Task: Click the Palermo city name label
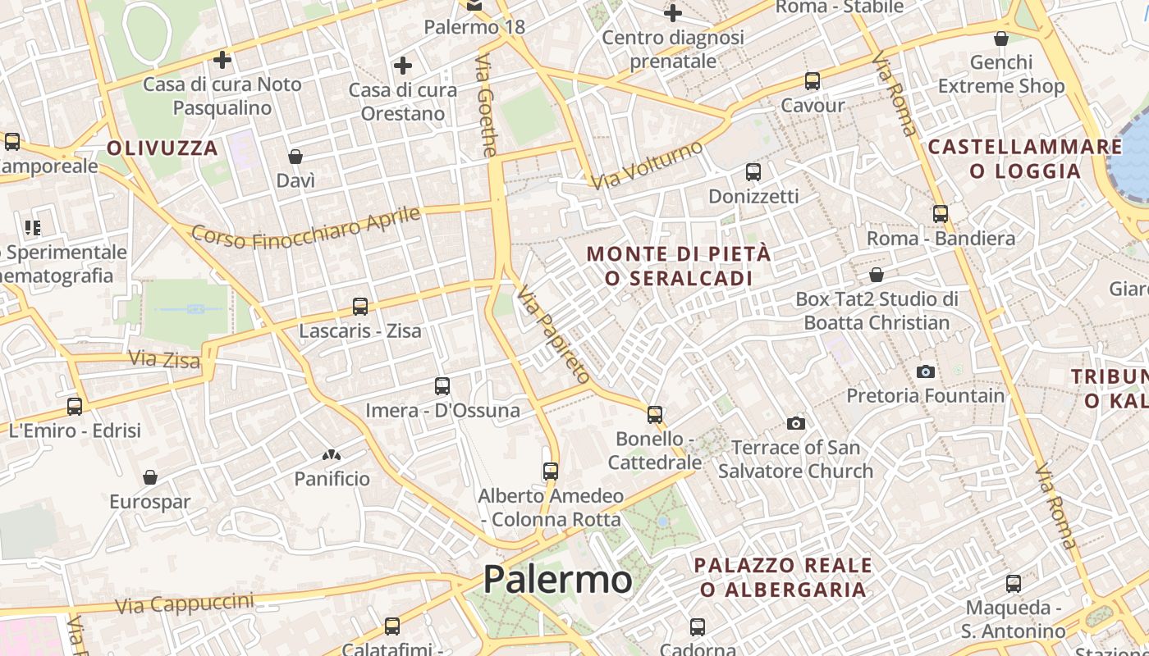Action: (557, 580)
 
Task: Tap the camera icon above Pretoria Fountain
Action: (926, 371)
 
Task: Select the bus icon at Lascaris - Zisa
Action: (359, 307)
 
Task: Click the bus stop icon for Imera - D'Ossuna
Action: (442, 385)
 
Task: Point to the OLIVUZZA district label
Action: (163, 148)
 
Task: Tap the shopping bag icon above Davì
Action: (295, 157)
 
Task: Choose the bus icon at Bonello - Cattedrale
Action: (654, 414)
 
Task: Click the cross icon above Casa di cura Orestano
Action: (402, 66)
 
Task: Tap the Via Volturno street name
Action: (648, 165)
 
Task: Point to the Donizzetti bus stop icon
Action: (753, 172)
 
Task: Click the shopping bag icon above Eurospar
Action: (149, 477)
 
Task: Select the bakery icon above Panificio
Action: (332, 455)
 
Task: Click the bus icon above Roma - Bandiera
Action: (940, 214)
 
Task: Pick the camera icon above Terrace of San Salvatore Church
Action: (795, 424)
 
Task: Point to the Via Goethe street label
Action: (487, 106)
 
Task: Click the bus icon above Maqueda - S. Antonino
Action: (1014, 584)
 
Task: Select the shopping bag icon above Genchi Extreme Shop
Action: (1000, 39)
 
